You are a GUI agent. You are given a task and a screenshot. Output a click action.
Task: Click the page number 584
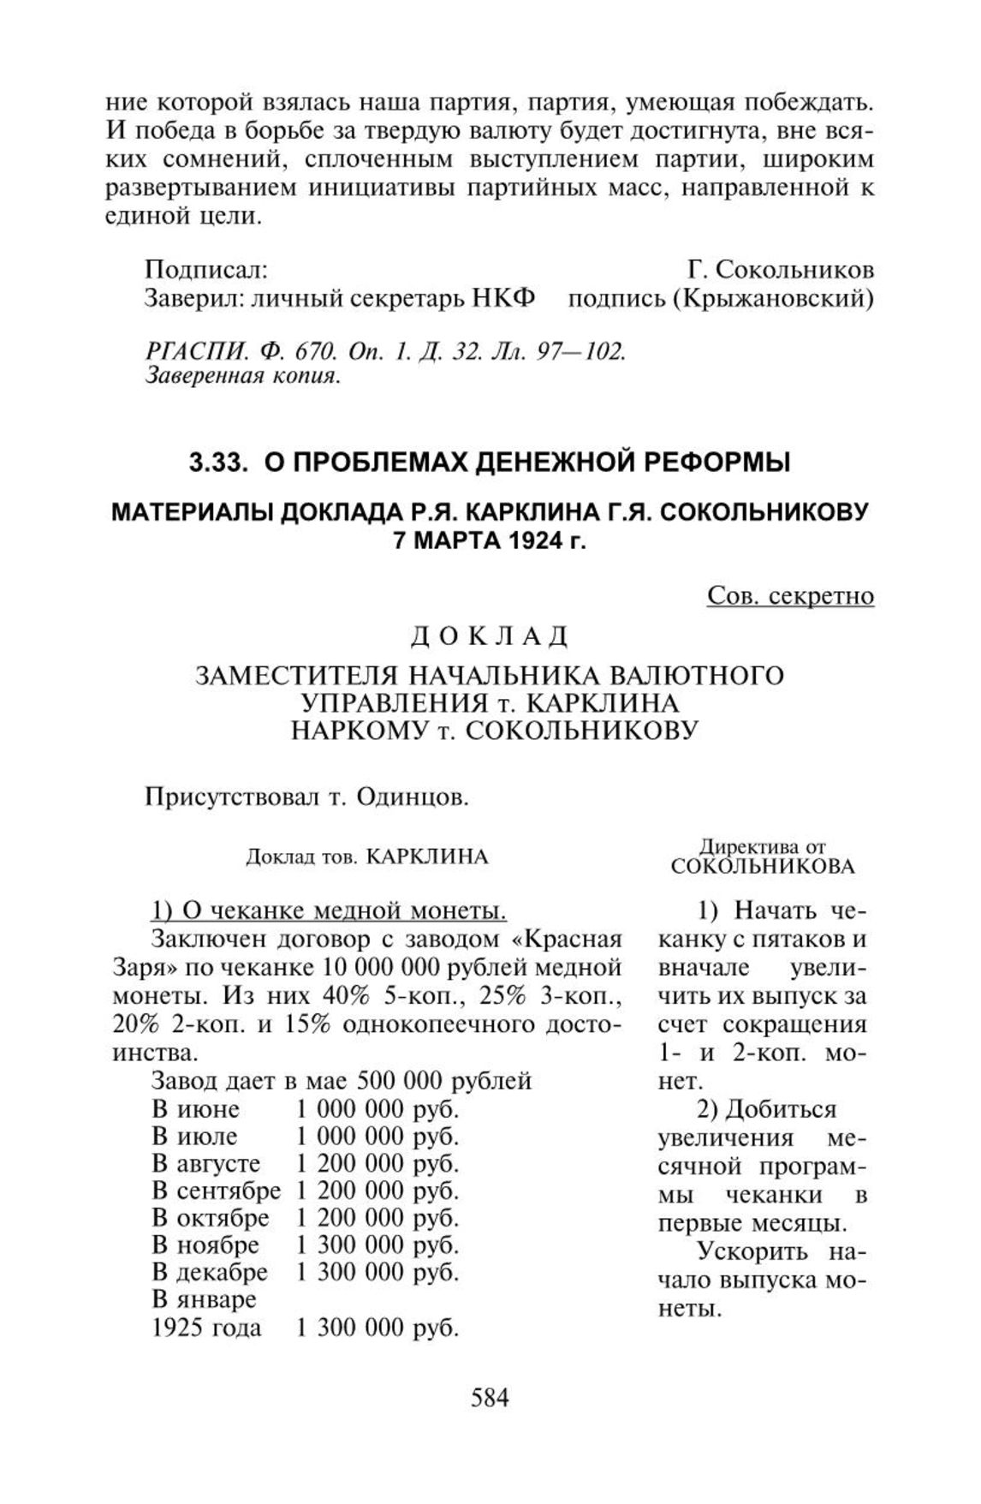(490, 1398)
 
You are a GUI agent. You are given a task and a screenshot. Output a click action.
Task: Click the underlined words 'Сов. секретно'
(790, 595)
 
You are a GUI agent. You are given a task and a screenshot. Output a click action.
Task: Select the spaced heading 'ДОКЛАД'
(490, 636)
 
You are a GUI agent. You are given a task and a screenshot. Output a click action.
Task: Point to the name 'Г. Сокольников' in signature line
(781, 270)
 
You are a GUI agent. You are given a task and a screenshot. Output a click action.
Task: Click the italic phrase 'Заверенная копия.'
(244, 375)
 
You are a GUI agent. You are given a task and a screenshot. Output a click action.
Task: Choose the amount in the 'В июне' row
(378, 1109)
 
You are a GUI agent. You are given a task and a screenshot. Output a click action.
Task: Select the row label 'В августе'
(206, 1164)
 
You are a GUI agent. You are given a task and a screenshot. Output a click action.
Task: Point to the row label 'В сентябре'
(217, 1191)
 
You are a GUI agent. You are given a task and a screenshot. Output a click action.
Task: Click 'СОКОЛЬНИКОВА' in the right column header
(763, 866)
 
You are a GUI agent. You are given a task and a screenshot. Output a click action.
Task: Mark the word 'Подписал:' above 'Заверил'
(206, 270)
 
